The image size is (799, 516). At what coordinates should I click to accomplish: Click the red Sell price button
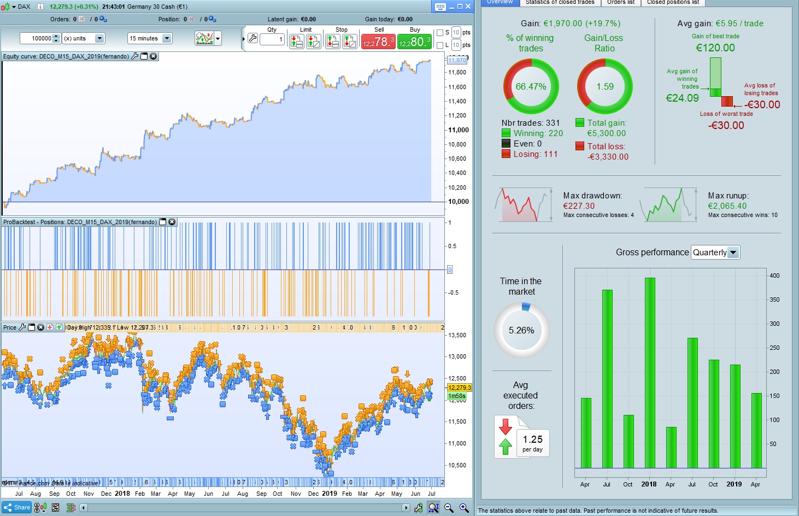click(378, 42)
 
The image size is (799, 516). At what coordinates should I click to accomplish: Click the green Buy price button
click(414, 42)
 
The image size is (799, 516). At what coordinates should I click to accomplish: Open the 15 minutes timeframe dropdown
click(167, 38)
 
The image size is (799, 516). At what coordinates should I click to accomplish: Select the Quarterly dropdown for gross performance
click(715, 253)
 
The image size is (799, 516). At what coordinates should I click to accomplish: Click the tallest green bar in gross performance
click(649, 373)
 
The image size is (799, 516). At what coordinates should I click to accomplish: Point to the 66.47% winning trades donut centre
click(531, 86)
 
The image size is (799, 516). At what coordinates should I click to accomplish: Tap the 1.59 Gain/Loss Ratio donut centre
click(605, 86)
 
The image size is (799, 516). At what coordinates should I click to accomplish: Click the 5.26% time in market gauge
click(521, 330)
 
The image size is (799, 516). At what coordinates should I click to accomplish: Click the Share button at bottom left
click(17, 507)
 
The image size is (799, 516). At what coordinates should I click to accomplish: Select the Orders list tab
click(621, 2)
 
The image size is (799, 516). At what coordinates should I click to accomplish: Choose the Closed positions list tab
click(673, 2)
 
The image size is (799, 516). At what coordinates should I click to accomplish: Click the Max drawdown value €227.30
click(579, 206)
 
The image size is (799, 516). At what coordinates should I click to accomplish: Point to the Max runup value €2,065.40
click(727, 206)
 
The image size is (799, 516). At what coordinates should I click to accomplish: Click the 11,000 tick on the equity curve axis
click(459, 130)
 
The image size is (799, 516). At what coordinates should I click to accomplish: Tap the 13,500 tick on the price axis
click(457, 335)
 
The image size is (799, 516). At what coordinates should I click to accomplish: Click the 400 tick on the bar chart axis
click(774, 275)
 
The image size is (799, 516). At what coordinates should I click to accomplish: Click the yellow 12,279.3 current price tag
click(459, 388)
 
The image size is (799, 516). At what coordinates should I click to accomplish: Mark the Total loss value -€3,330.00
click(608, 157)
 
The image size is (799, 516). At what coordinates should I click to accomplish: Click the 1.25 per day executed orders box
click(532, 443)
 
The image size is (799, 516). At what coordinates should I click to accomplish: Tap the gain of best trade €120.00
click(715, 48)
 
